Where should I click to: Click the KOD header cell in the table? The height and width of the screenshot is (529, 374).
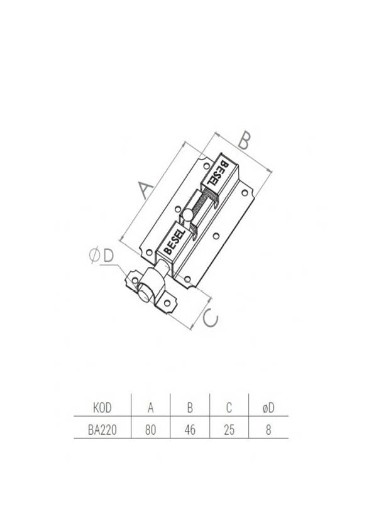(x=102, y=408)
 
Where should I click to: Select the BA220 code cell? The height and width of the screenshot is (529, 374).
(x=102, y=430)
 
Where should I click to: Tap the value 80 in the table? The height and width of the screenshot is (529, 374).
(x=151, y=430)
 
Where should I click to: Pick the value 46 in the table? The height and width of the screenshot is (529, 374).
(x=190, y=430)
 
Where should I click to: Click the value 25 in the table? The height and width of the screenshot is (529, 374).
(x=229, y=430)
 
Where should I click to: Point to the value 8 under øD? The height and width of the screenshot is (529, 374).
(x=268, y=430)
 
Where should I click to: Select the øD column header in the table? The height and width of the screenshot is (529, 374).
(x=268, y=408)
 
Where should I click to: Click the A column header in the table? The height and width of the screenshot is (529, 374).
(x=151, y=408)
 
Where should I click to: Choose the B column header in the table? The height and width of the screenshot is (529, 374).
(x=190, y=408)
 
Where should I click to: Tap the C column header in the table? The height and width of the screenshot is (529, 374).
(x=229, y=408)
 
